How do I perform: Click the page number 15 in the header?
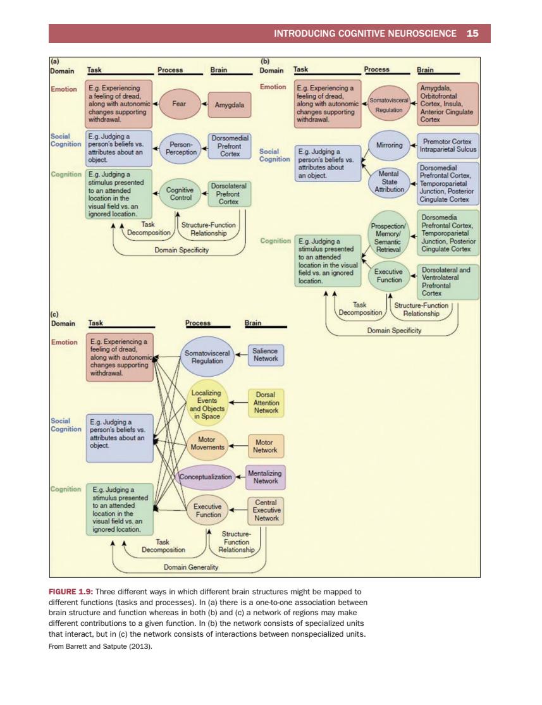tap(472, 34)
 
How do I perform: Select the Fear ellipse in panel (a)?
tap(180, 104)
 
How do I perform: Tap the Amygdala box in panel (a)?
tap(230, 105)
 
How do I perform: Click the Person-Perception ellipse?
tap(181, 149)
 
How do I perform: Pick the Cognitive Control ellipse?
tap(180, 193)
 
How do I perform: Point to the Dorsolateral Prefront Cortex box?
tap(229, 193)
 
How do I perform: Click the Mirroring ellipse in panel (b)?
tap(389, 145)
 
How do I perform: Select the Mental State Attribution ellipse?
tap(389, 181)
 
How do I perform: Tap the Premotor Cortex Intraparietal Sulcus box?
tap(448, 145)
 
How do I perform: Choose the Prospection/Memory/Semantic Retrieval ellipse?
tap(388, 234)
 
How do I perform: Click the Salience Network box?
tap(266, 355)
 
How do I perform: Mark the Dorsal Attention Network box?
tap(266, 402)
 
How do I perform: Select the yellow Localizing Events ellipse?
tap(207, 404)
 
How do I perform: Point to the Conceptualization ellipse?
tap(206, 477)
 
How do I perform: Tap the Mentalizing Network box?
tap(266, 477)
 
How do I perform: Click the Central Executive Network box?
tap(266, 510)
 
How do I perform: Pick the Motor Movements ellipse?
tap(207, 443)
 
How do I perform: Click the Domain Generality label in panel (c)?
tap(191, 567)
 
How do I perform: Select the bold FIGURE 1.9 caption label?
tap(71, 592)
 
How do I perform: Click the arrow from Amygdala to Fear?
tap(205, 104)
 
